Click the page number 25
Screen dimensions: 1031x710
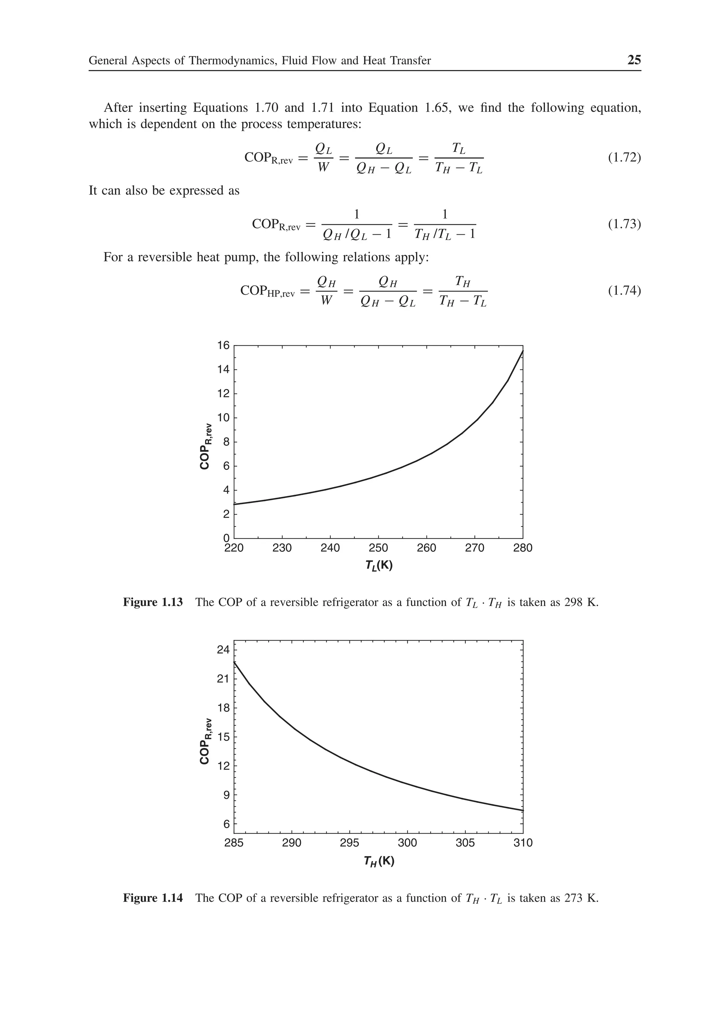coord(634,60)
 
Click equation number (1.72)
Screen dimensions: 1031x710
coord(624,157)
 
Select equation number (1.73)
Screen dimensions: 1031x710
coord(624,224)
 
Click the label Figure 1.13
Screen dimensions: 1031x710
coord(153,602)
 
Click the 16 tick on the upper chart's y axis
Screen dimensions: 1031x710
coord(223,346)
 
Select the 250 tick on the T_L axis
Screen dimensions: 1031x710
coord(378,548)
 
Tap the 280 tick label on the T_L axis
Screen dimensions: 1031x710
coord(523,548)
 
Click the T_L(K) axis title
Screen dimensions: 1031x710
coord(379,566)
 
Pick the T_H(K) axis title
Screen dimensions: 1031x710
coord(379,861)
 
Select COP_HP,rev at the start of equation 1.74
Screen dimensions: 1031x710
coord(267,291)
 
